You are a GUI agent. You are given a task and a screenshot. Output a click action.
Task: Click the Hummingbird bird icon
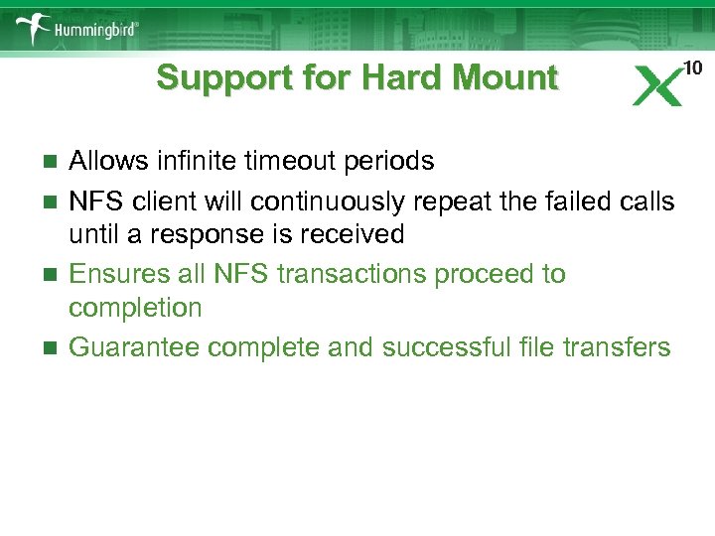[31, 28]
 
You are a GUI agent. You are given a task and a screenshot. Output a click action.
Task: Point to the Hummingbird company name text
[96, 31]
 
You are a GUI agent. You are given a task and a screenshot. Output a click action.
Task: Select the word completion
[135, 308]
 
